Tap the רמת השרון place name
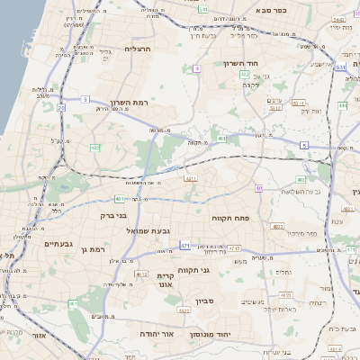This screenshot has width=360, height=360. click(129, 103)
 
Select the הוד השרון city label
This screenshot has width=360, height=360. click(242, 64)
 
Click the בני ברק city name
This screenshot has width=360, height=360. click(113, 215)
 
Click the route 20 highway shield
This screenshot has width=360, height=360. click(61, 107)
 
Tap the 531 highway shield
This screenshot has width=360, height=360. click(339, 67)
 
